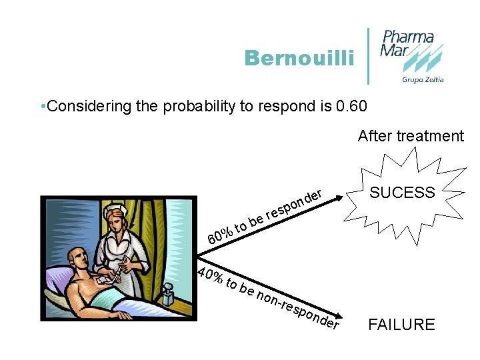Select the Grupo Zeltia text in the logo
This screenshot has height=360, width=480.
click(422, 79)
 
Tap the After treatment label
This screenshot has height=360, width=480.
click(410, 136)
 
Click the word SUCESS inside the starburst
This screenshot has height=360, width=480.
click(402, 193)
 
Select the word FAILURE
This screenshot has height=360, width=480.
click(401, 325)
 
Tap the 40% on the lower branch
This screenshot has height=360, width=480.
click(210, 275)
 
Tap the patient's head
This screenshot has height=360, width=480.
click(78, 256)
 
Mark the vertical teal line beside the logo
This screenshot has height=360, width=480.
click(369, 56)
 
